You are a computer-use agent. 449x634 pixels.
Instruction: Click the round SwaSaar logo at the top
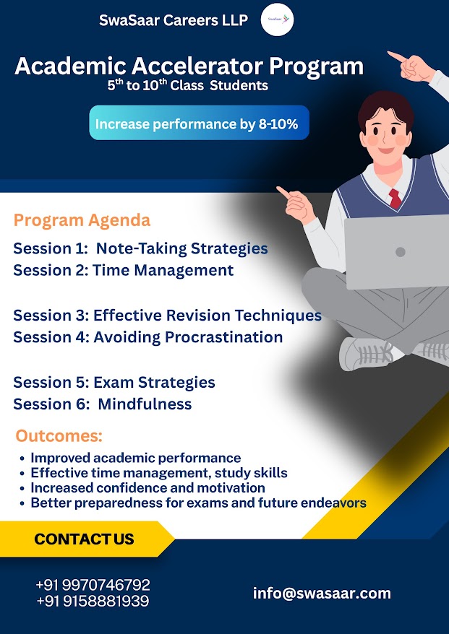(x=278, y=19)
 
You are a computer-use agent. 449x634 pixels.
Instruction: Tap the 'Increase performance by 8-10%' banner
(x=200, y=123)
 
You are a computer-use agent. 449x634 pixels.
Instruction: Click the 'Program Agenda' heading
(x=82, y=221)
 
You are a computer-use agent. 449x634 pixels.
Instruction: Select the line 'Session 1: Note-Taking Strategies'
(x=140, y=248)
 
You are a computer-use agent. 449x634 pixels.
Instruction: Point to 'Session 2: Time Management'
(x=124, y=270)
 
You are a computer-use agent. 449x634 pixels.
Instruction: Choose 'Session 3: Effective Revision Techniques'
(x=168, y=316)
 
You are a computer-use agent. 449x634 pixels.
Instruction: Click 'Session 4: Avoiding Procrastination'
(x=147, y=337)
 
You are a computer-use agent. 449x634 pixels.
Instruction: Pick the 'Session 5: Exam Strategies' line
(x=114, y=383)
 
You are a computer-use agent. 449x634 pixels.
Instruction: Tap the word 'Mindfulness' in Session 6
(x=145, y=404)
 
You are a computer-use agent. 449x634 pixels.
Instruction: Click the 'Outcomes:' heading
(x=59, y=436)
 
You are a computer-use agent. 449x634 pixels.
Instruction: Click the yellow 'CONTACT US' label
(x=84, y=539)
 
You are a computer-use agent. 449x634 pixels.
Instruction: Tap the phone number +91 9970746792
(x=93, y=585)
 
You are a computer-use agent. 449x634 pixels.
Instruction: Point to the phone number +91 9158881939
(x=93, y=602)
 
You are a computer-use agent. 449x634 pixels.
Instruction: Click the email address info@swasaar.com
(x=322, y=594)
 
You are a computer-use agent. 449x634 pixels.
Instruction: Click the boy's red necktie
(x=395, y=199)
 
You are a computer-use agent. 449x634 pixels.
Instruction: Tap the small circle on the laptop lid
(x=401, y=252)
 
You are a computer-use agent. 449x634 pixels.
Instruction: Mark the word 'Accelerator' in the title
(x=202, y=66)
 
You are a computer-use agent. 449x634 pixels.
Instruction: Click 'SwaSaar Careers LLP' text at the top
(x=174, y=20)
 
